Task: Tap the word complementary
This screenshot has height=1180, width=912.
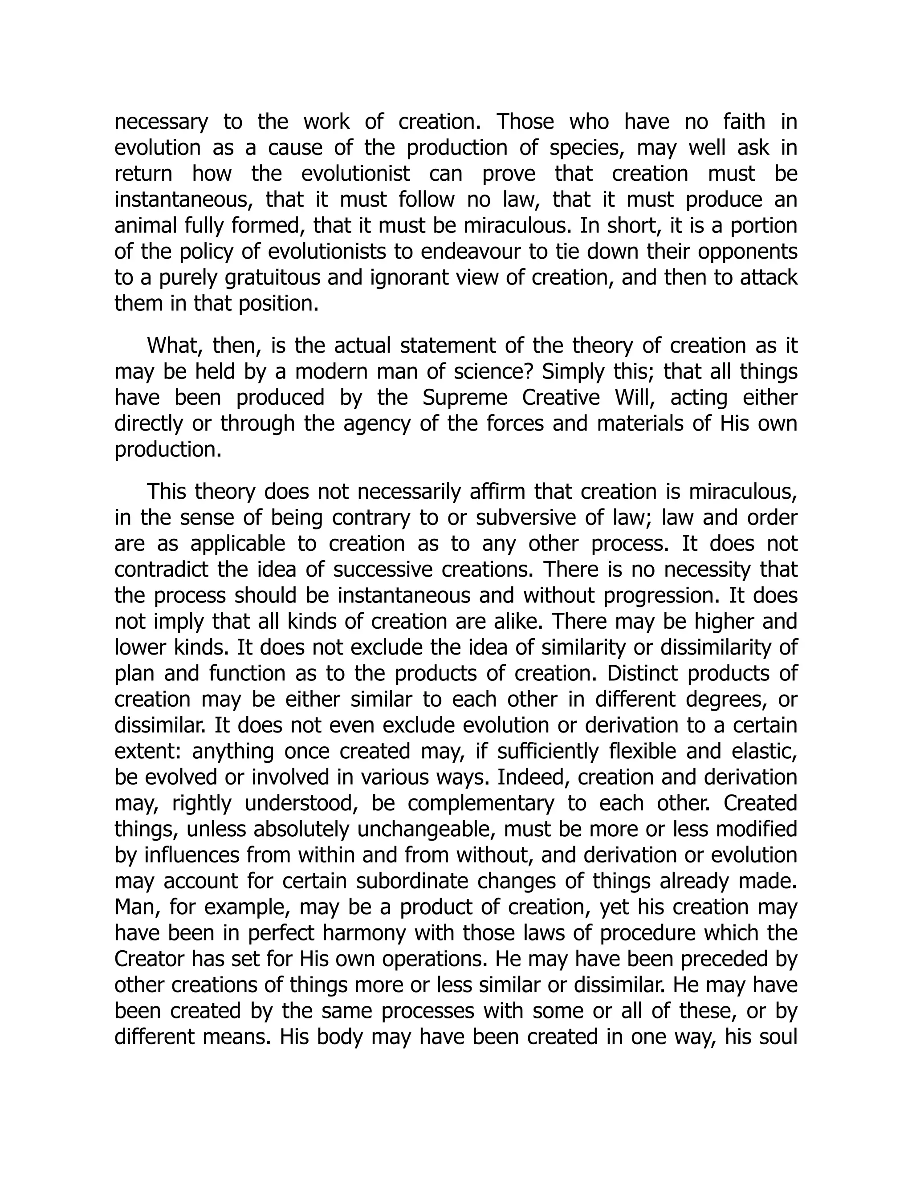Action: [x=480, y=803]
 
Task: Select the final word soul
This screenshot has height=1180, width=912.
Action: [x=778, y=1037]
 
